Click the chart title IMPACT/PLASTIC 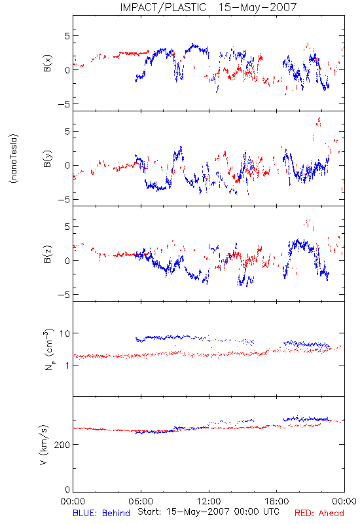(163, 7)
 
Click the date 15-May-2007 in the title (257, 7)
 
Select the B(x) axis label (48, 63)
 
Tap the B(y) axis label (48, 159)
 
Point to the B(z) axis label (48, 254)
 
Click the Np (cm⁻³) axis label (48, 349)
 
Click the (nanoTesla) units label (14, 159)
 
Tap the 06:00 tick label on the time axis (141, 501)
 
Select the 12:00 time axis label (209, 501)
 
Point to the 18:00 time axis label (277, 501)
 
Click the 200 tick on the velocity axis (62, 445)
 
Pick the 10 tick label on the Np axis (64, 333)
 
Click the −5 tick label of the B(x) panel (63, 104)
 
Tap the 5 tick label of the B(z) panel (67, 227)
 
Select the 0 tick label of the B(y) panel (67, 166)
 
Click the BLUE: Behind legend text (101, 513)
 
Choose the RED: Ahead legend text (319, 513)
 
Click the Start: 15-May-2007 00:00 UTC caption (208, 512)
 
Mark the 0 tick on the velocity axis (67, 489)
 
